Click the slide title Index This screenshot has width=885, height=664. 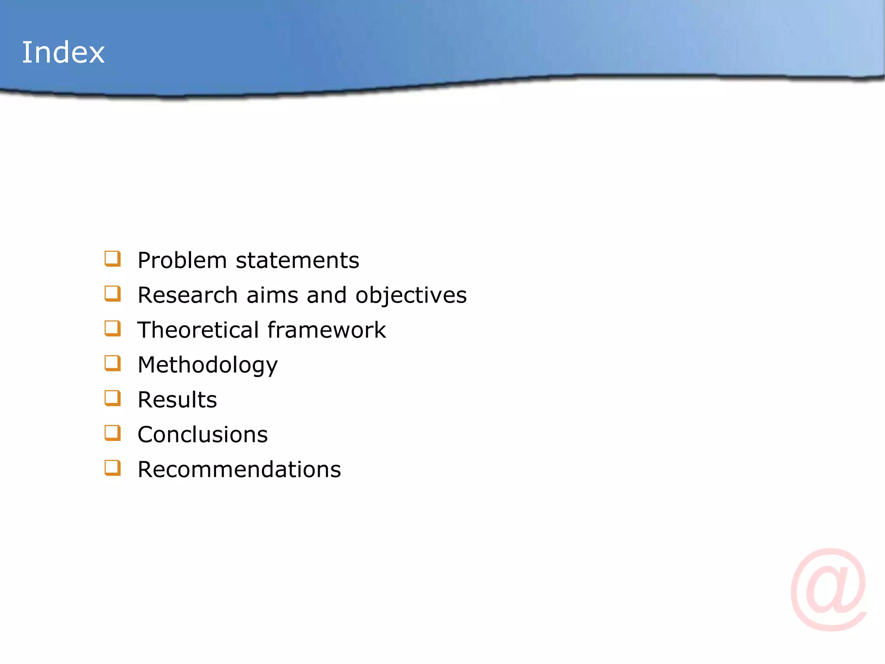tap(63, 52)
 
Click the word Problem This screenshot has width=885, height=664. tap(182, 260)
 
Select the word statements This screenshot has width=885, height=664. tap(297, 260)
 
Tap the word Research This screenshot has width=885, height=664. tap(188, 295)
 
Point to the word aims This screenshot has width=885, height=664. tap(272, 295)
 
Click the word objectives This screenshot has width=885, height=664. tap(411, 296)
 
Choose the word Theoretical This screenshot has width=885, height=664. tap(198, 330)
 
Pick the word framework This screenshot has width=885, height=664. tap(327, 330)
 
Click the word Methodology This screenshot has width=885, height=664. tap(207, 365)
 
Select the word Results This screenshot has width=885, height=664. tap(177, 399)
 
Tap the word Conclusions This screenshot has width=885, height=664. tap(203, 434)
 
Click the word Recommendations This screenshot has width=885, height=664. tap(239, 469)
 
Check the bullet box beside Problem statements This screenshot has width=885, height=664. tap(112, 259)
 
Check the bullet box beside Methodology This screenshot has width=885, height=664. tap(112, 364)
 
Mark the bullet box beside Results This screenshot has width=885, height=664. tap(112, 398)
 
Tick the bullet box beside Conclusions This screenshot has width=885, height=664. tap(112, 433)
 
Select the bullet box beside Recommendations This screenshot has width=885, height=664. tap(112, 468)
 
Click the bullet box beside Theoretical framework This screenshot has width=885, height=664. tap(112, 329)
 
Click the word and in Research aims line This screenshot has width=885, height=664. tap(327, 295)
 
